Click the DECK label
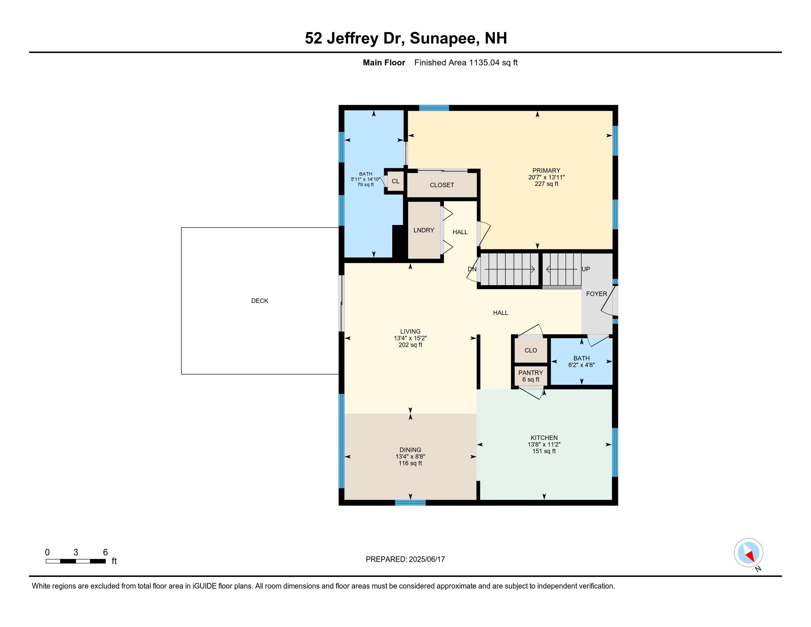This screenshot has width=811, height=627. (x=260, y=301)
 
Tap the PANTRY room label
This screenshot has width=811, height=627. (x=530, y=373)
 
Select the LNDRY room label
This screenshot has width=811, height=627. (x=424, y=230)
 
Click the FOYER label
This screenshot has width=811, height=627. (x=596, y=294)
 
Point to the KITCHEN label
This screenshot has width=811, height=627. (x=544, y=437)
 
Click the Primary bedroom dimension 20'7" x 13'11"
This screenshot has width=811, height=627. (x=546, y=177)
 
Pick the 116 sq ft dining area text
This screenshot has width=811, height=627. (x=410, y=463)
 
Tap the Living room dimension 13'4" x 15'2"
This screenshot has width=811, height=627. (x=410, y=338)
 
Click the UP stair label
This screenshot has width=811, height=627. (x=586, y=269)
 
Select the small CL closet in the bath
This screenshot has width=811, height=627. (x=396, y=181)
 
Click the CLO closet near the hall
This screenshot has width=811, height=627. (x=530, y=350)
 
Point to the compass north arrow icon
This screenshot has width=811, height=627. (x=749, y=553)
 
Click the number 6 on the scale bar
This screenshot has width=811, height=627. (x=105, y=552)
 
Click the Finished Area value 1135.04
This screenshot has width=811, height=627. (x=484, y=62)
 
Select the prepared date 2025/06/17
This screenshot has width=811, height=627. (x=427, y=559)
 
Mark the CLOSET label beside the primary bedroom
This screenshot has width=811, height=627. (x=442, y=185)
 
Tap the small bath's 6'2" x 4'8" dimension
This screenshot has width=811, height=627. (x=581, y=365)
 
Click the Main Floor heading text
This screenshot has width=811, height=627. (x=384, y=62)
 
